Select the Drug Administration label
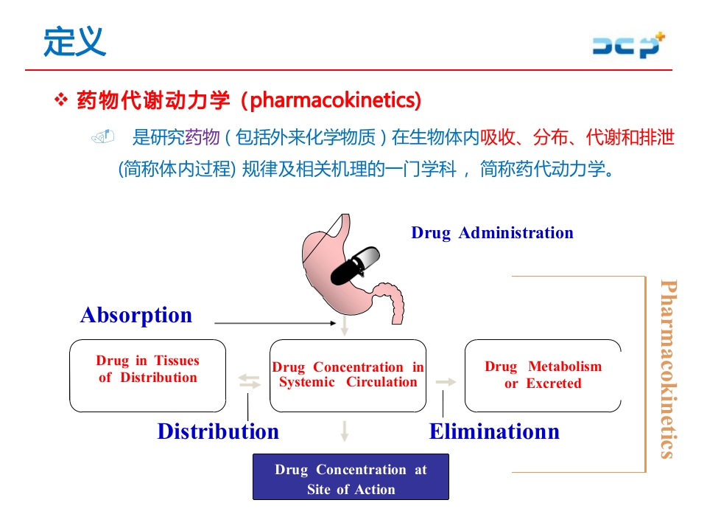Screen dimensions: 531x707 [x=492, y=233]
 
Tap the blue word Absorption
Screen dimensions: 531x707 [x=136, y=315]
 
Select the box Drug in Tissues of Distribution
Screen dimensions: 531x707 [x=148, y=375]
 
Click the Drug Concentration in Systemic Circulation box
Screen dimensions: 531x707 [x=348, y=375]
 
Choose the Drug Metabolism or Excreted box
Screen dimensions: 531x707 [x=543, y=375]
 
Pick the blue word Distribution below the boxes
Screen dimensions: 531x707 [x=218, y=431]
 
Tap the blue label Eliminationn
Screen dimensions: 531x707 [x=494, y=431]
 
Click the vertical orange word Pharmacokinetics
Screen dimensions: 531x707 [x=667, y=369]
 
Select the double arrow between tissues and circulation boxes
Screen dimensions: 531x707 [x=250, y=381]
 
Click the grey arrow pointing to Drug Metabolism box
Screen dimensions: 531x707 [x=446, y=381]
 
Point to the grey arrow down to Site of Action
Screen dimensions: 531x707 [x=345, y=431]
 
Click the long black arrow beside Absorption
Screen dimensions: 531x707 [x=272, y=323]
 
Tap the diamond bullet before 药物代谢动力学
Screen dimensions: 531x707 [x=62, y=100]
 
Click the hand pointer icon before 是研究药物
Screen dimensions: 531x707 [x=103, y=136]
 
